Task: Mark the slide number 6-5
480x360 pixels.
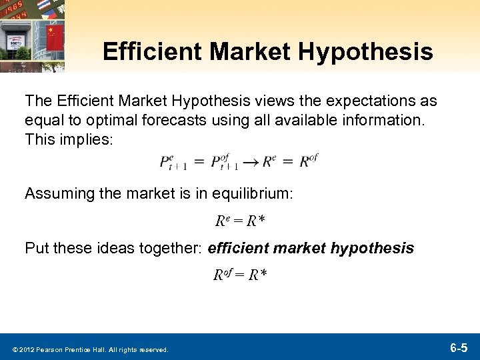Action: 458,347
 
